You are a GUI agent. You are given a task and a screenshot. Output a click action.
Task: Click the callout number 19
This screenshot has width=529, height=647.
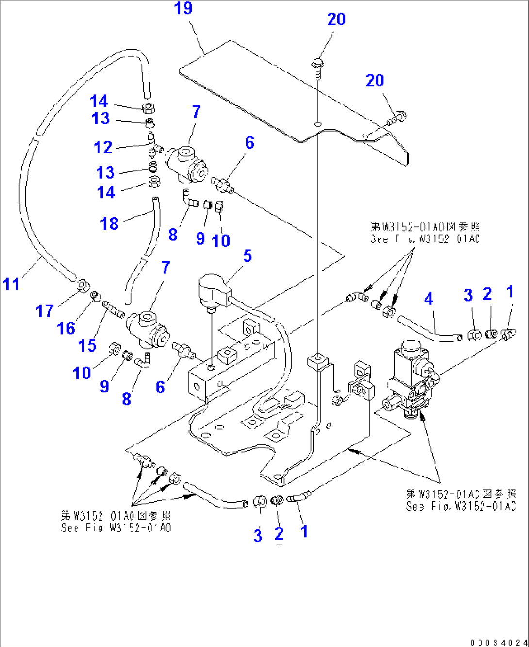tap(183, 8)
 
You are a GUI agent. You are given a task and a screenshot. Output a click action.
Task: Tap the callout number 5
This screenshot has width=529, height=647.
tap(248, 256)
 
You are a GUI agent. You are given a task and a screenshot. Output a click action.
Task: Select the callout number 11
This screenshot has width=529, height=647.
tap(11, 284)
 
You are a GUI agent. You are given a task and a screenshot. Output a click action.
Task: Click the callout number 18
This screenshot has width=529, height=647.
tap(109, 223)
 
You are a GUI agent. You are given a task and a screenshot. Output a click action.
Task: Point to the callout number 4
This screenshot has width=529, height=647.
tap(428, 298)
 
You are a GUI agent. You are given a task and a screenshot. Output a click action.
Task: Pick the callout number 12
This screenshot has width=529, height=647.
tap(103, 147)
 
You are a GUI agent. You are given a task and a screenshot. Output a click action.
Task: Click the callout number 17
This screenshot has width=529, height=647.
tap(45, 311)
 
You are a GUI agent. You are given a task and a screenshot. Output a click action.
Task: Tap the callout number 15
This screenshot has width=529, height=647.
tap(87, 345)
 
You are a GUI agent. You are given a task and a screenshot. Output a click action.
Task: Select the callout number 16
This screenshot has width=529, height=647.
tap(66, 328)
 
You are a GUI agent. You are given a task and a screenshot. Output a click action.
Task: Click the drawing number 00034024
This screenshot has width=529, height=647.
tap(497, 643)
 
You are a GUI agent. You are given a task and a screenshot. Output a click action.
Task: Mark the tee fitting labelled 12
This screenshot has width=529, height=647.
tap(152, 144)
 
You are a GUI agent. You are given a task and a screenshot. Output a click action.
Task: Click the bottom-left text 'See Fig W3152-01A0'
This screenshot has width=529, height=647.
tap(116, 528)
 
